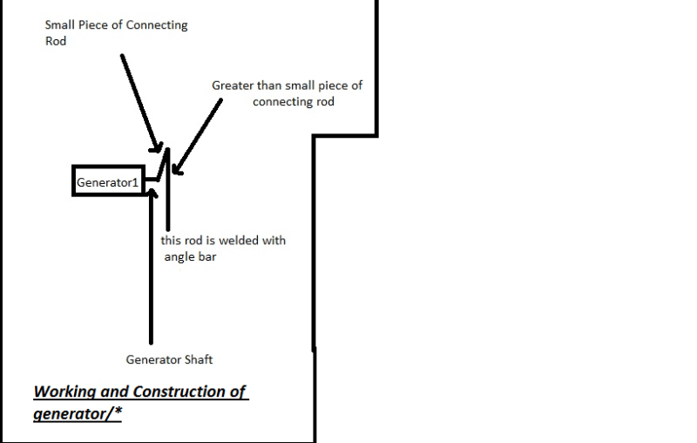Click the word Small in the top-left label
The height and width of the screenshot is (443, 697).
[60, 24]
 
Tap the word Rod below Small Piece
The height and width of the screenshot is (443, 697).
[55, 41]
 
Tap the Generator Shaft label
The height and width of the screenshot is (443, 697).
[168, 358]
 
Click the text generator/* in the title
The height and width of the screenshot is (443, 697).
[78, 412]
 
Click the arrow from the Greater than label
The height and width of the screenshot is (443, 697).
[196, 131]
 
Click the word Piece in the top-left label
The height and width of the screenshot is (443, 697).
[97, 24]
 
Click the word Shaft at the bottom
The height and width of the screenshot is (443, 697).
[196, 358]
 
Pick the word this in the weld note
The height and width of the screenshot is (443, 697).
[172, 240]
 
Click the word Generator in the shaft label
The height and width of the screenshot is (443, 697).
[153, 358]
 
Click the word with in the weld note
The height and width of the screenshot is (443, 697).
[273, 240]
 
